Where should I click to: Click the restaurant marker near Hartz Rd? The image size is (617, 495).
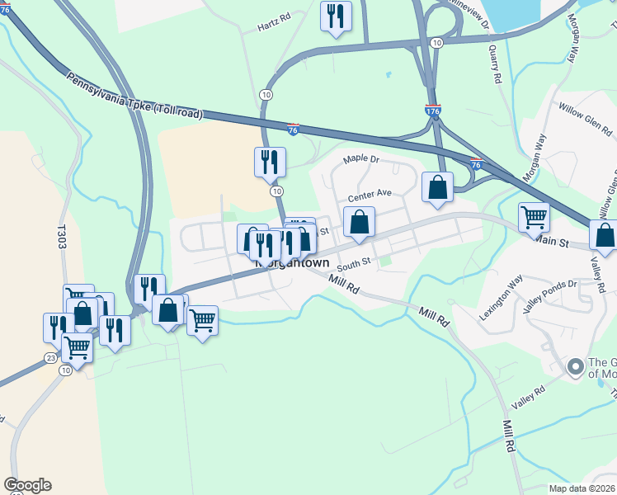coord(336,17)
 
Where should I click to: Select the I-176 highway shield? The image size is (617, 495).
coord(433,109)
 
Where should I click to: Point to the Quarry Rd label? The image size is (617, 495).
coord(496,64)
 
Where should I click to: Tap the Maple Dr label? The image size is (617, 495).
coord(360,158)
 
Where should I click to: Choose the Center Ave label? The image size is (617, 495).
coord(369,196)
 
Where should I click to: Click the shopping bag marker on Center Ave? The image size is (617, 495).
coord(359,222)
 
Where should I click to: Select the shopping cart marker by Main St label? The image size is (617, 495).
coord(535,218)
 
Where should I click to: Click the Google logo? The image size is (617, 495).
coord(27,485)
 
